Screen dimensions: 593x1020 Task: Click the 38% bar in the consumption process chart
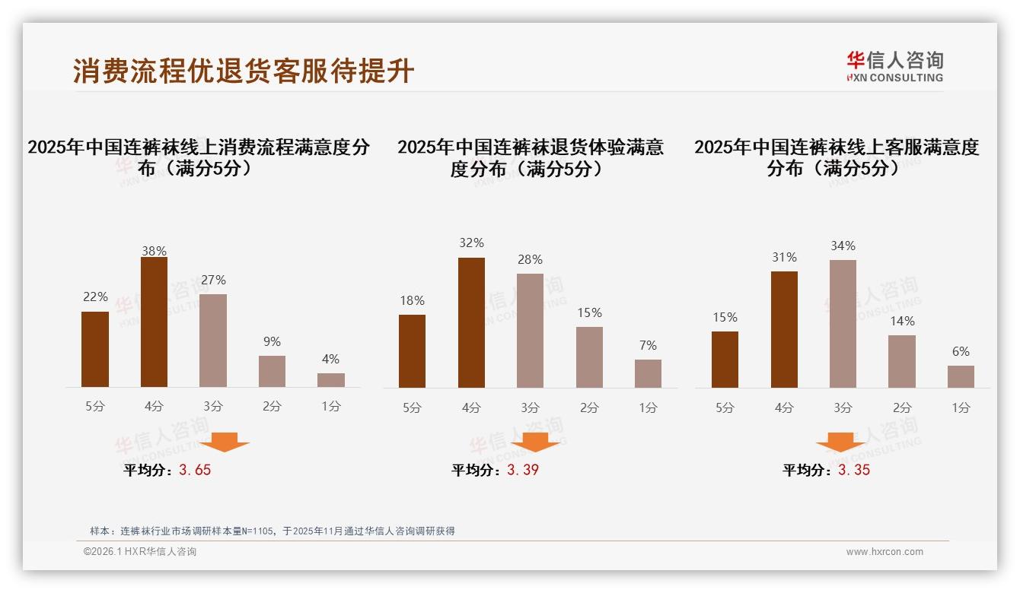[154, 322]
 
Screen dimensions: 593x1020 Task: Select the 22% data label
[95, 296]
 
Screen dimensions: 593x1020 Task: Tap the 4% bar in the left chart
[331, 380]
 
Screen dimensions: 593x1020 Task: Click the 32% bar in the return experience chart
[471, 322]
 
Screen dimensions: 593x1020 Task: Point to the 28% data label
[530, 260]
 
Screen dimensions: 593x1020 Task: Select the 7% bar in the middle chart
[648, 373]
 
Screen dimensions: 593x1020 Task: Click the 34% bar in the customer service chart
[843, 324]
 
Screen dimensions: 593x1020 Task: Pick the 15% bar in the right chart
[725, 360]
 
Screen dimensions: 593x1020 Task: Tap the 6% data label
[961, 351]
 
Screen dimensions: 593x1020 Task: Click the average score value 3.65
[195, 470]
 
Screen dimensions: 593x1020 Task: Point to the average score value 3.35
[854, 470]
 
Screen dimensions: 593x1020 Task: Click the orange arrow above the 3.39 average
[535, 442]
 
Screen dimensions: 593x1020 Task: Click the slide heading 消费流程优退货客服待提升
[244, 71]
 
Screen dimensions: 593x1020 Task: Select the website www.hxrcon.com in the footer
[885, 552]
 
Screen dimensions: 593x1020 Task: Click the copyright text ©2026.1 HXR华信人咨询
[140, 552]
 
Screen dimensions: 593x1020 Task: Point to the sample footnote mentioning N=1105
[272, 531]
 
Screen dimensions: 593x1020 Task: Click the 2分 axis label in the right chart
[902, 407]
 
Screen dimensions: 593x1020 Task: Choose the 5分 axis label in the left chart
[95, 406]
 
